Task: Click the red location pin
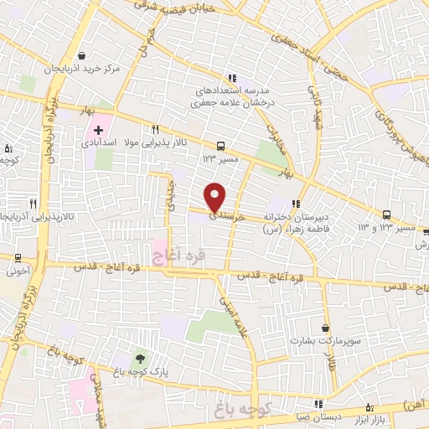tap(216, 195)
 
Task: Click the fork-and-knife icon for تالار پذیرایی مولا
tap(155, 130)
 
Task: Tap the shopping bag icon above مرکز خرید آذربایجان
tap(84, 52)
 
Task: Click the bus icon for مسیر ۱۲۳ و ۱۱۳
tap(387, 214)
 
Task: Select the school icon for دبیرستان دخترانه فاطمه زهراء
tap(296, 203)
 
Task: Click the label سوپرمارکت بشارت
tap(318, 341)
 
